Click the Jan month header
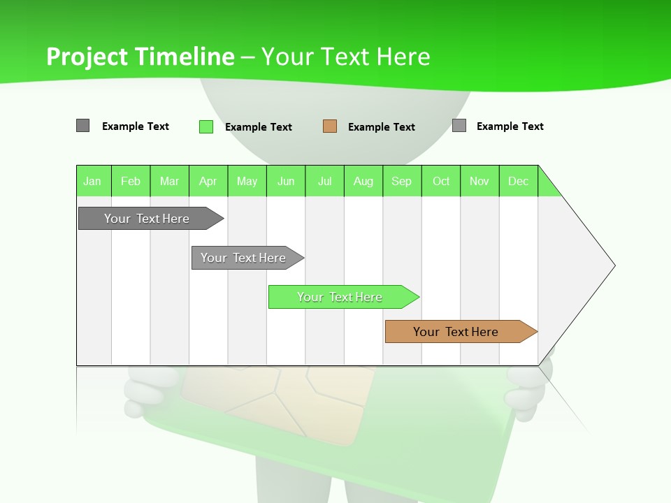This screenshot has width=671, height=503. (93, 181)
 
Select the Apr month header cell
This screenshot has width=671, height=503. (208, 181)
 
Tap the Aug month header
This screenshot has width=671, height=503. (363, 181)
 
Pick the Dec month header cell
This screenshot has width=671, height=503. (519, 181)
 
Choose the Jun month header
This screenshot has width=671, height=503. (286, 181)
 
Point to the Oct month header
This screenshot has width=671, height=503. (441, 181)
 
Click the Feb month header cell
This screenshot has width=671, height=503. (131, 181)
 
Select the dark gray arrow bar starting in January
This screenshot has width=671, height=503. (147, 219)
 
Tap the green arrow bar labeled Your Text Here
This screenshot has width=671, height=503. (340, 297)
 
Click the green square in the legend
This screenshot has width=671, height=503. (206, 126)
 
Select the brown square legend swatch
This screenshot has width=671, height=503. (330, 126)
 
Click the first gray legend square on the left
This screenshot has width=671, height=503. (82, 126)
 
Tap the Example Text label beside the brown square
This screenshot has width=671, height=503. (382, 127)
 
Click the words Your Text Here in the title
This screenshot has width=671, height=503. (345, 57)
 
